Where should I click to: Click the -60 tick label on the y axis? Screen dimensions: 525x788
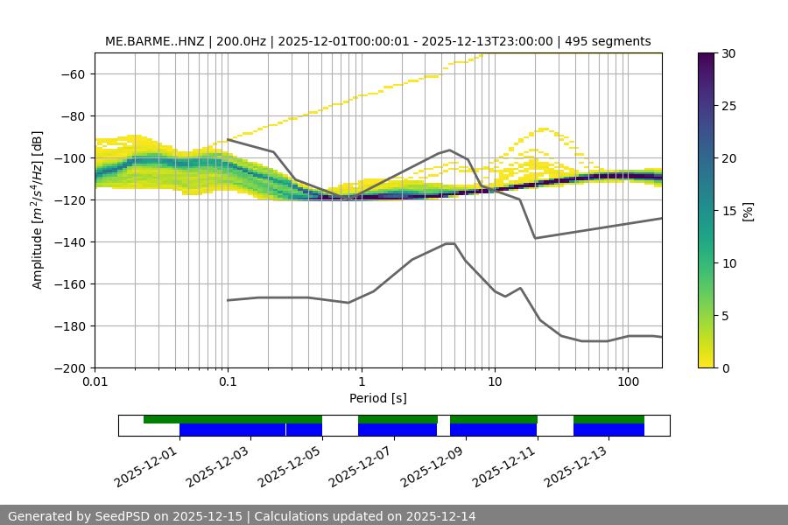[x=71, y=73]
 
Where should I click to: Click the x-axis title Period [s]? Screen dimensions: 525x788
[x=377, y=398]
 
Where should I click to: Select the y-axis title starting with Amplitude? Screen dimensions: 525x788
[x=38, y=210]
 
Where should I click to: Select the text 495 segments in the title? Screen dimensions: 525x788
[x=608, y=41]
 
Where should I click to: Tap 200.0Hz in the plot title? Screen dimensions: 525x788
[x=240, y=41]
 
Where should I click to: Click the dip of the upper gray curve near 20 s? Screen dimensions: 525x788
[x=535, y=238]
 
